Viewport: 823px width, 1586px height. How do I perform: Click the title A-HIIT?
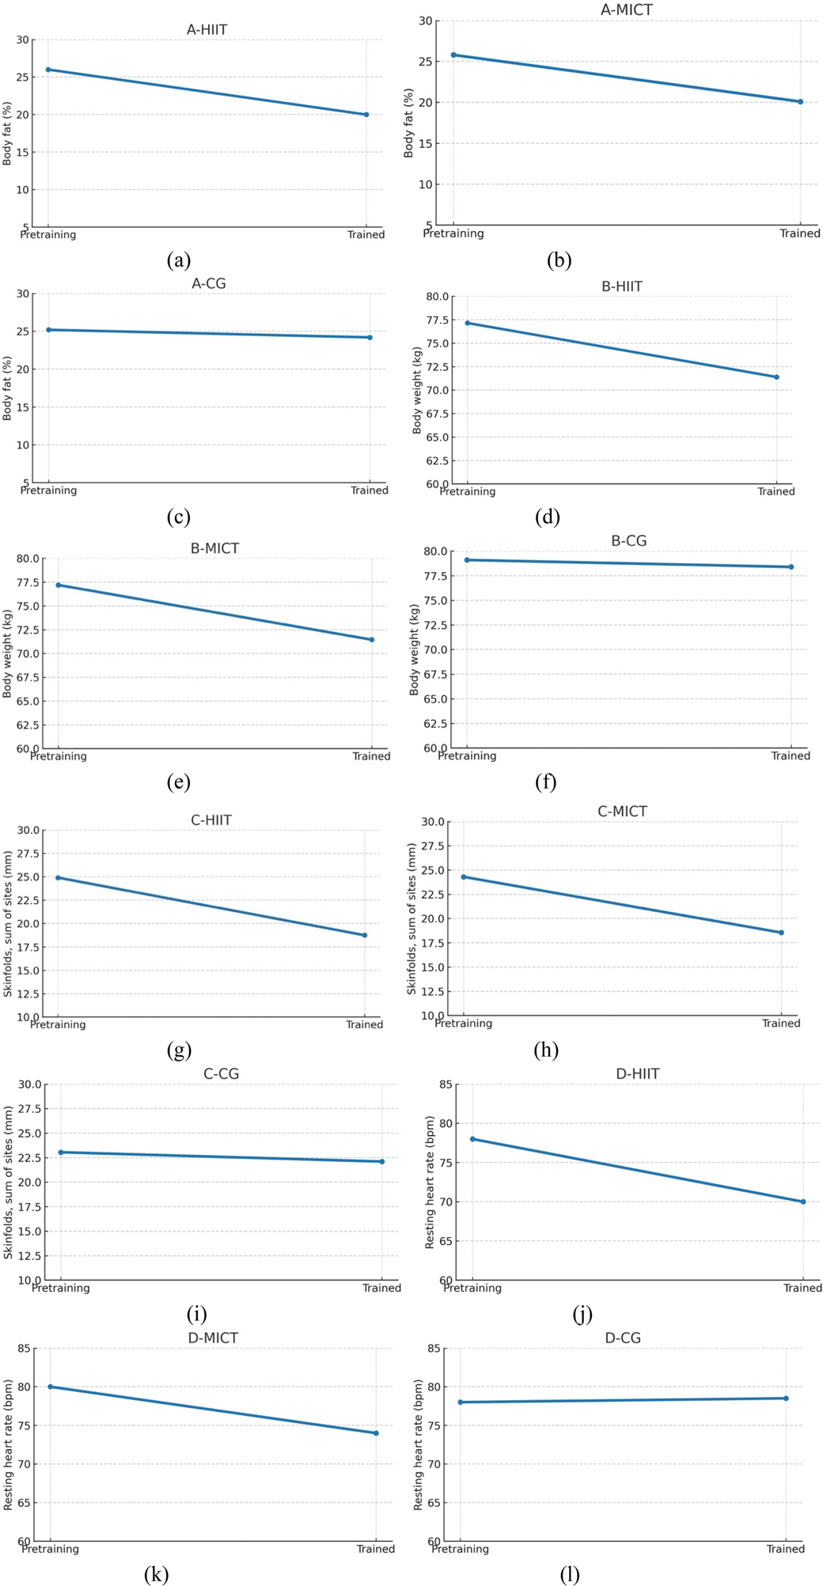click(x=207, y=30)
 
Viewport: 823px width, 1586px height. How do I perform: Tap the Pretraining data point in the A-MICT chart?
click(x=453, y=55)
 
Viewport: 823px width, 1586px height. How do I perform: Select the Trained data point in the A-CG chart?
click(x=370, y=338)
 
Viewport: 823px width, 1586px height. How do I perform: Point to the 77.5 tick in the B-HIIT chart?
click(x=436, y=320)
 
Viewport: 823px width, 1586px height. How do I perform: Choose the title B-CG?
click(x=628, y=541)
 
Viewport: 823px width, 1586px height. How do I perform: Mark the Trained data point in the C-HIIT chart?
click(x=365, y=935)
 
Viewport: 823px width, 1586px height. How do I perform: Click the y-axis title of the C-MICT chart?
click(x=411, y=918)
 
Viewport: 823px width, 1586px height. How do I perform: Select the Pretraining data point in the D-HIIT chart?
click(x=472, y=1139)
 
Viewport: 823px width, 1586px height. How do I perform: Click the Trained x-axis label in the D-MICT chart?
click(x=375, y=1549)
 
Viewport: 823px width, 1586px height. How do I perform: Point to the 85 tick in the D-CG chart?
click(x=434, y=1349)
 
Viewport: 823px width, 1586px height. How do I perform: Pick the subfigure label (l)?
click(x=570, y=1574)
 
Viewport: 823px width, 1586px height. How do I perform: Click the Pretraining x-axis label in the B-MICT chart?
click(x=59, y=756)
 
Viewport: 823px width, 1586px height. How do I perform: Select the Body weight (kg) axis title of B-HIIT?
click(x=417, y=390)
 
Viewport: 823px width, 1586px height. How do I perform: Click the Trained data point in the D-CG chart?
click(x=786, y=1399)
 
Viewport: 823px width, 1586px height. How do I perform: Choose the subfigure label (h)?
click(x=546, y=1050)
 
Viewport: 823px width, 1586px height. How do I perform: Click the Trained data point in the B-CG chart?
click(x=791, y=567)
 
